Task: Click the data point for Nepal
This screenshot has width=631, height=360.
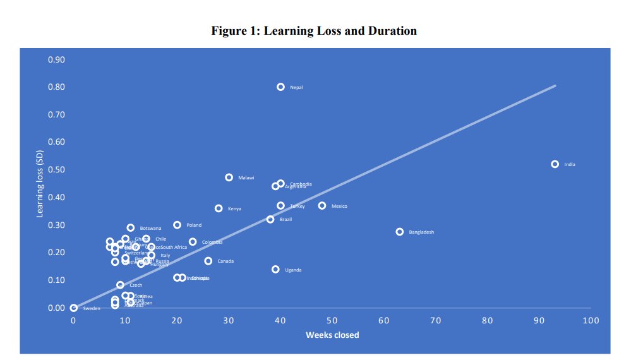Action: (280, 87)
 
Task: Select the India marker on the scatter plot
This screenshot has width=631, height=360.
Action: (555, 164)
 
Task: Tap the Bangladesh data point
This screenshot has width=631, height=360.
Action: (399, 232)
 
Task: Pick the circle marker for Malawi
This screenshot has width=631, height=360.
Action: (229, 177)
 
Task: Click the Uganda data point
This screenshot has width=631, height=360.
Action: (275, 269)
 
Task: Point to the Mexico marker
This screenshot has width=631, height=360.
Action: (322, 206)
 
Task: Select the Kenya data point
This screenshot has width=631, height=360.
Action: (219, 208)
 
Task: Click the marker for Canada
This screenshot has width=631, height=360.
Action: (208, 261)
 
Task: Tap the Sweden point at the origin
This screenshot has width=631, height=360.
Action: (74, 308)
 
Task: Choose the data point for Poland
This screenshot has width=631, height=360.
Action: (177, 225)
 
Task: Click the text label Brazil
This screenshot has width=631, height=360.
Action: (285, 220)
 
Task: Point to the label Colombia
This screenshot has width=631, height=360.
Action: (212, 242)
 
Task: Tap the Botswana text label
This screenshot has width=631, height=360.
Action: (150, 228)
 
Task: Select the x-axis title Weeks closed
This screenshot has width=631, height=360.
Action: (332, 335)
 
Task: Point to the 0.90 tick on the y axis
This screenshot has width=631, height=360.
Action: (57, 60)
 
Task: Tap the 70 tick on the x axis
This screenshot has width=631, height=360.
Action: (435, 321)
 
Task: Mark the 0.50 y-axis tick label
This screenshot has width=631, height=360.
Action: (57, 170)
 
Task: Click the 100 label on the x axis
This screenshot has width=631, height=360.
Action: (591, 321)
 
